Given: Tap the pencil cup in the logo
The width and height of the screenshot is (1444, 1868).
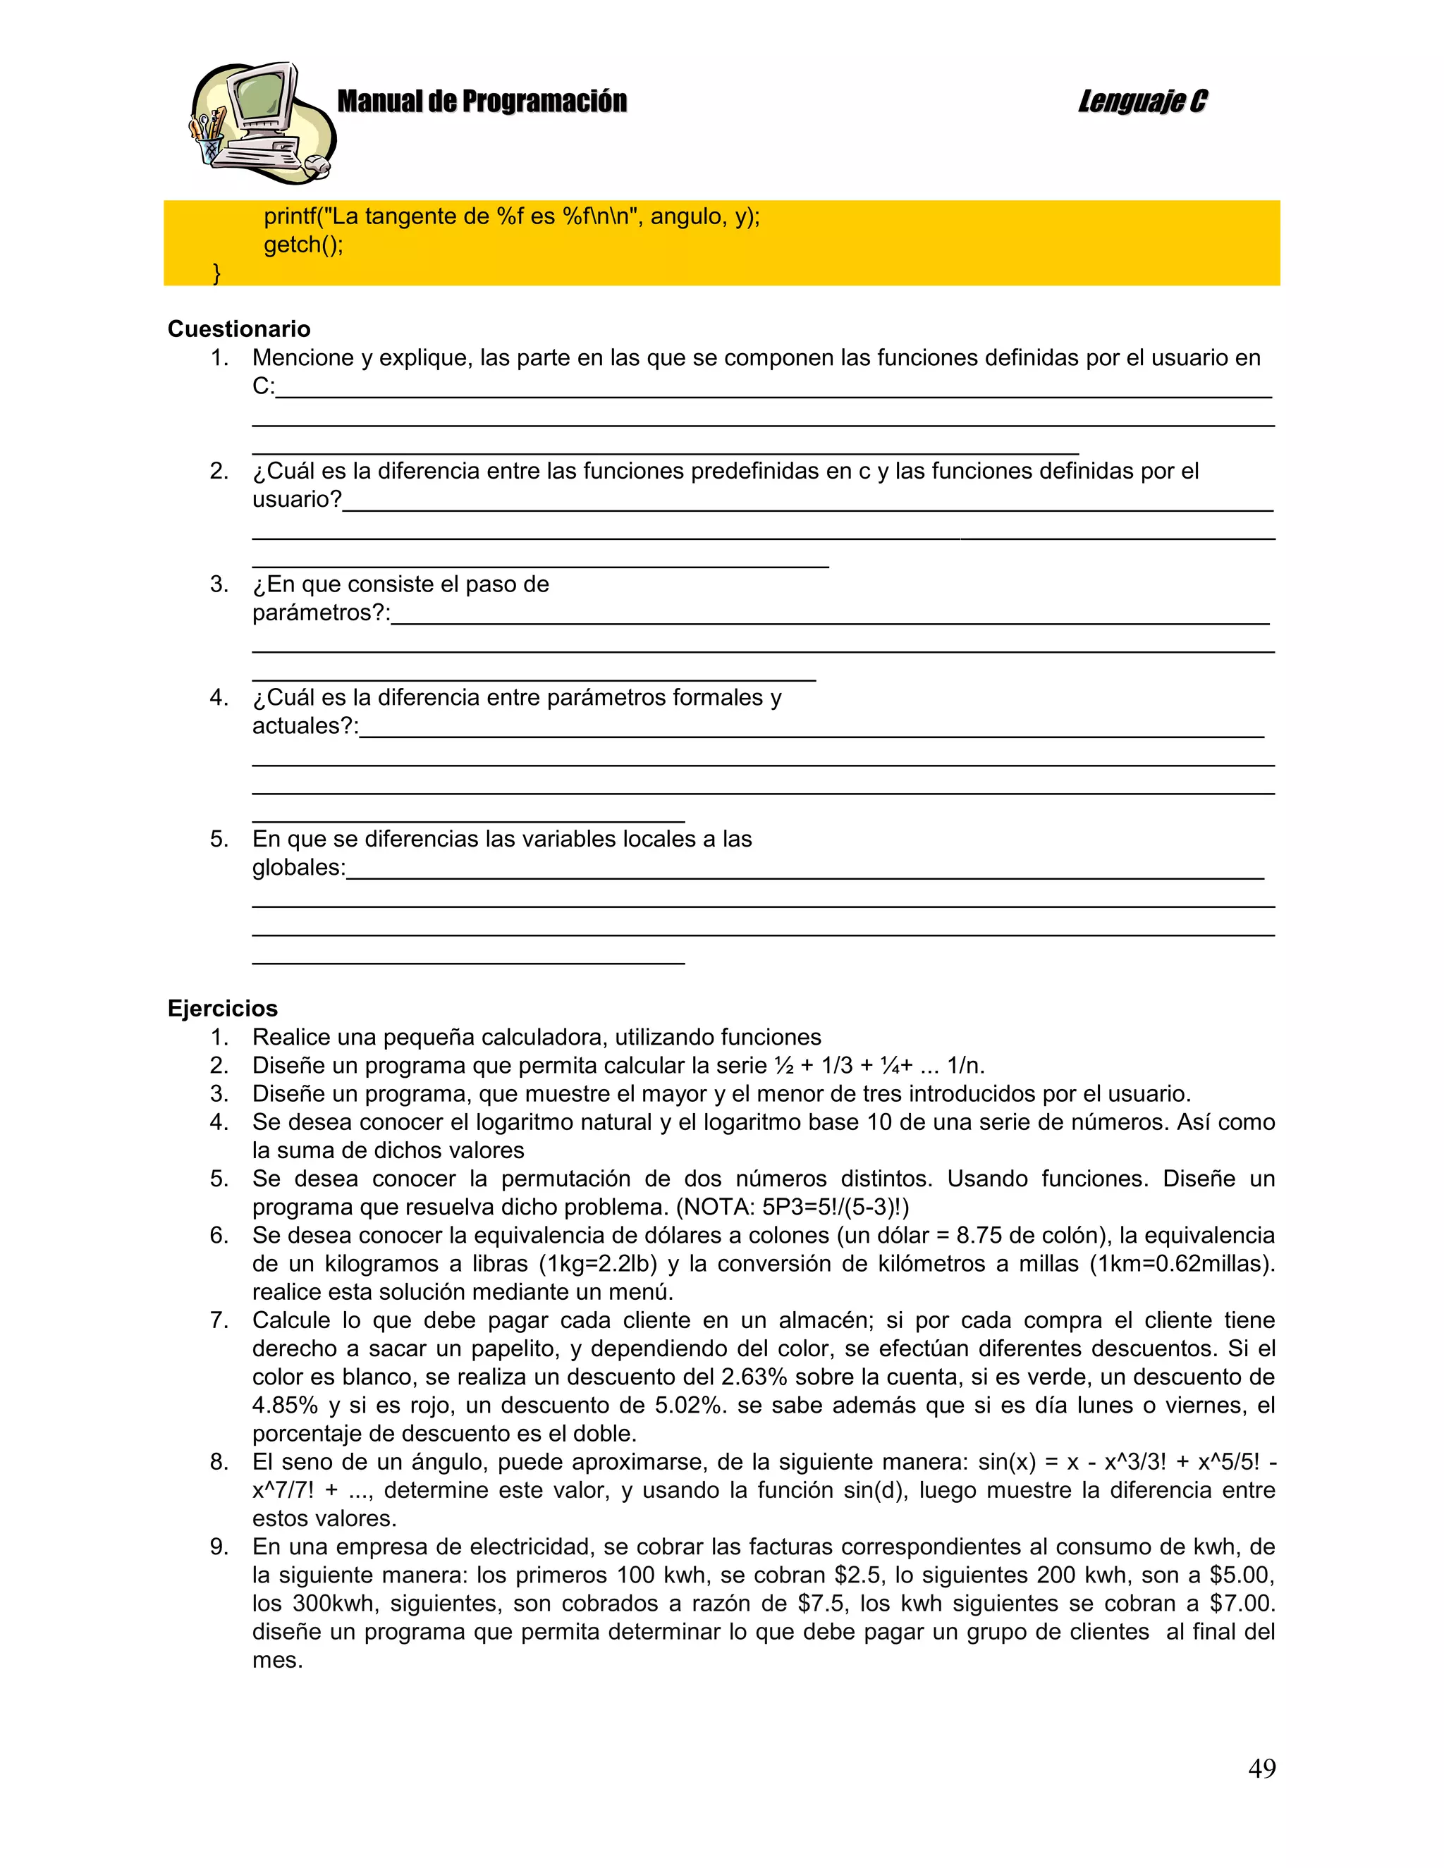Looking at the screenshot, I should coord(209,145).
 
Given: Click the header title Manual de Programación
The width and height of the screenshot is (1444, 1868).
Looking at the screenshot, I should coord(482,101).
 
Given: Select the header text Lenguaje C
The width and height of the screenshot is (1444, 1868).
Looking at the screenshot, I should coord(1142,101).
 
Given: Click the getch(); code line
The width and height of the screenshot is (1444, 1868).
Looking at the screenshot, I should coord(302,245).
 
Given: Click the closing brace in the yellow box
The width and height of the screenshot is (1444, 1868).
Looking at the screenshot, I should coord(216,274).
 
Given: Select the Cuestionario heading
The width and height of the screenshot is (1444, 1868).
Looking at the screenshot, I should coord(239,329).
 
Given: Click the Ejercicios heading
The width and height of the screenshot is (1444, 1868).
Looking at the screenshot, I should coord(222,1009).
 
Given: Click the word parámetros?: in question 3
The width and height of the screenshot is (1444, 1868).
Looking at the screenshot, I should coord(321,613).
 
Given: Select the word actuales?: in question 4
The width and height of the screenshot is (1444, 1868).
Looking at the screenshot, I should coord(305,726).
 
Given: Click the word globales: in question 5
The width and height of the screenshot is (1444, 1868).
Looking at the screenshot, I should coord(298,868).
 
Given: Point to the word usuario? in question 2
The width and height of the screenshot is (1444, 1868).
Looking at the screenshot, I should coord(297,500).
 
